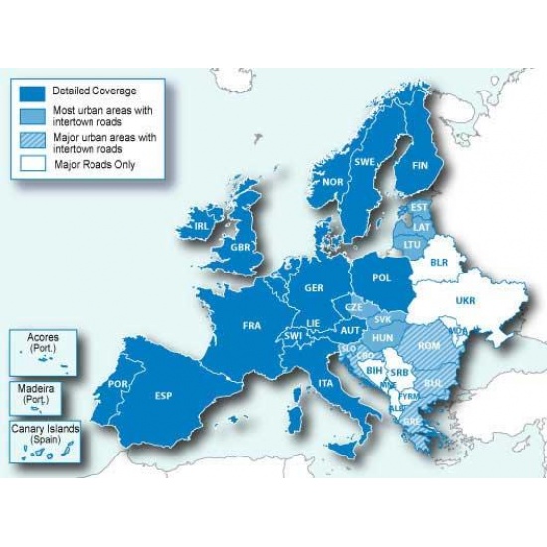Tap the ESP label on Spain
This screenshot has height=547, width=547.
165,395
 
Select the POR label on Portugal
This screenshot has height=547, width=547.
118,383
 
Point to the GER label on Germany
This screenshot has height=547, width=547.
314,287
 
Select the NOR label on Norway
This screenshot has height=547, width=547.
333,182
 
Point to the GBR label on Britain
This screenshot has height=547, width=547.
240,246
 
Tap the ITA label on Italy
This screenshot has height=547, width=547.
325,383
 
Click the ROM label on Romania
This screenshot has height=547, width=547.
430,345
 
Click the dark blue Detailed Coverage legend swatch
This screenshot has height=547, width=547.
30,91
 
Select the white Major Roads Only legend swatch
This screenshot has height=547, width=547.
30,164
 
